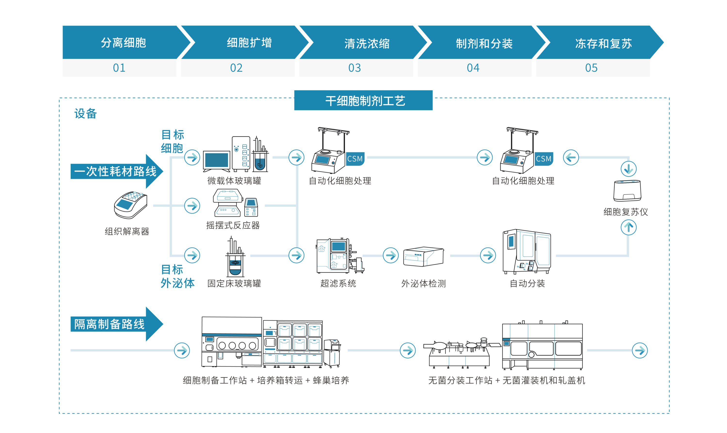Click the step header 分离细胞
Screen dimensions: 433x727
[x=123, y=43]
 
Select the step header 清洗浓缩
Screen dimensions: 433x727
[x=367, y=43]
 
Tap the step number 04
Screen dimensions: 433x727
[x=473, y=68]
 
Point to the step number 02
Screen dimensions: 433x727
[x=236, y=68]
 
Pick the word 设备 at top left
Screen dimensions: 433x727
[x=86, y=113]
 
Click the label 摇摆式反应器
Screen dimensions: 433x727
[x=233, y=225]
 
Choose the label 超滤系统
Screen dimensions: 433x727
[x=338, y=283]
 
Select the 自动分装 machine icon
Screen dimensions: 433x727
[x=527, y=252]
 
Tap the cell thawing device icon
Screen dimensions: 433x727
[x=627, y=191]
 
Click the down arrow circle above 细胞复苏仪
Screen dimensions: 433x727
[x=628, y=169]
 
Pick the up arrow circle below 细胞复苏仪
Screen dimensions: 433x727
[x=628, y=227]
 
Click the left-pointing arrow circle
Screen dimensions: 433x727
[x=571, y=157]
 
